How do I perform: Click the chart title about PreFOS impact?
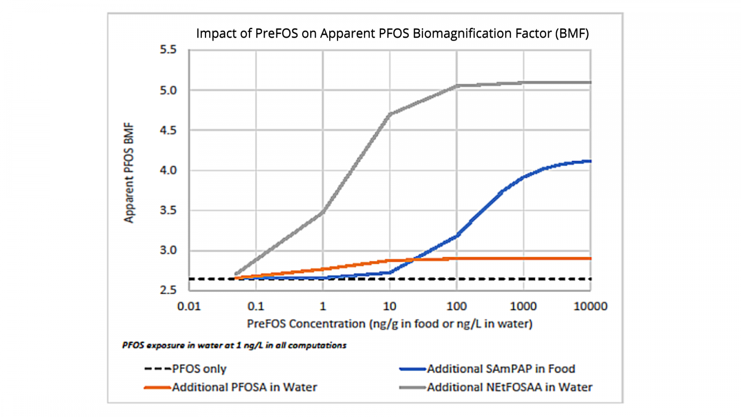click(x=392, y=33)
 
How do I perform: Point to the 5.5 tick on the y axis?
click(x=168, y=50)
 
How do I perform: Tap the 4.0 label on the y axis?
click(x=168, y=170)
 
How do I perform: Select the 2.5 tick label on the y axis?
click(x=168, y=290)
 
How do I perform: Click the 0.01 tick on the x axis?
click(x=189, y=306)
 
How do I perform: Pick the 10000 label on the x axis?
click(x=590, y=306)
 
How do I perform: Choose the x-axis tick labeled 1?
click(x=323, y=306)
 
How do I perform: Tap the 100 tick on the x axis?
click(x=457, y=306)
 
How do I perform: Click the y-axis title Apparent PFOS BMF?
click(x=129, y=172)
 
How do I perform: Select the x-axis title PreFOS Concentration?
click(x=389, y=323)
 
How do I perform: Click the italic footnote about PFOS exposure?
click(x=234, y=345)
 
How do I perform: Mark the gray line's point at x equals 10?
click(x=390, y=114)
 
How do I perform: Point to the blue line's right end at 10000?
click(x=590, y=161)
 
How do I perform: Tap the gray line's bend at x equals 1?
click(x=323, y=212)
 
